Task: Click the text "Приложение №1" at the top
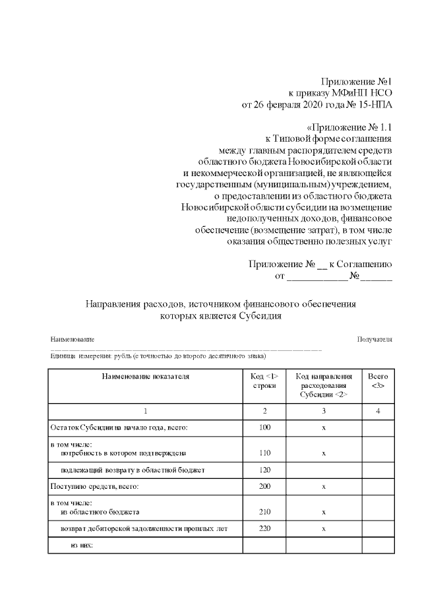356,81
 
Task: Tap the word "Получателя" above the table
375,339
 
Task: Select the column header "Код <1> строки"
264,381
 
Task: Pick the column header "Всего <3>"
378,381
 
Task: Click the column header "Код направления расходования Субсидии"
323,385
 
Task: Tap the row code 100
264,428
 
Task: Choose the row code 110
264,454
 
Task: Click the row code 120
264,471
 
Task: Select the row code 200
264,487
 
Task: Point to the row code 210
264,512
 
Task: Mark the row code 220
264,529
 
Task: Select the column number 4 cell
378,411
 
